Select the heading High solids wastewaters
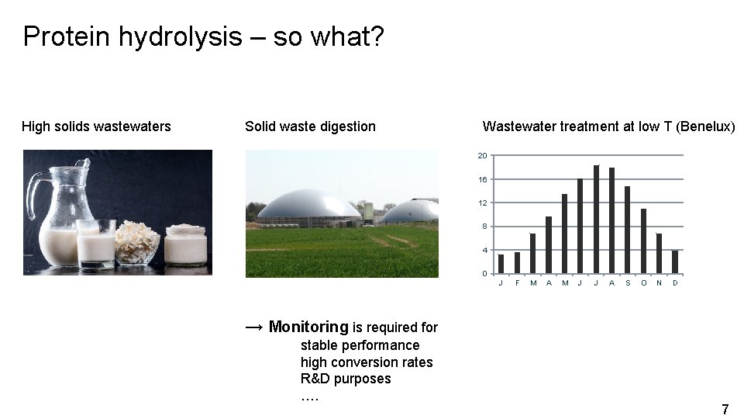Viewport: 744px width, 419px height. point(96,126)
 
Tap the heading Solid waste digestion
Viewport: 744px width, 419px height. point(310,126)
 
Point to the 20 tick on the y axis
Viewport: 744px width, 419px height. point(482,156)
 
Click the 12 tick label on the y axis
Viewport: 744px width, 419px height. point(482,203)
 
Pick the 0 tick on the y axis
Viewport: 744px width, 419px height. point(484,274)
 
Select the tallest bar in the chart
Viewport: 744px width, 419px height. point(596,220)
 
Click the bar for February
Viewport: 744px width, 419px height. point(517,262)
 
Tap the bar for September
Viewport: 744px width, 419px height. point(627,230)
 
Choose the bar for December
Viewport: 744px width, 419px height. point(674,261)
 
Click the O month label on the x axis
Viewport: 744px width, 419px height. point(643,283)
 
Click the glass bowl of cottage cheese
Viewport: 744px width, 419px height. point(137,244)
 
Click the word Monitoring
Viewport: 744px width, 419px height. point(308,327)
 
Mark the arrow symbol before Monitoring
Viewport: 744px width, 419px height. point(254,327)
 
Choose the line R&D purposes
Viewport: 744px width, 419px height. point(346,379)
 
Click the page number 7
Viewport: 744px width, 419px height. point(725,409)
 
